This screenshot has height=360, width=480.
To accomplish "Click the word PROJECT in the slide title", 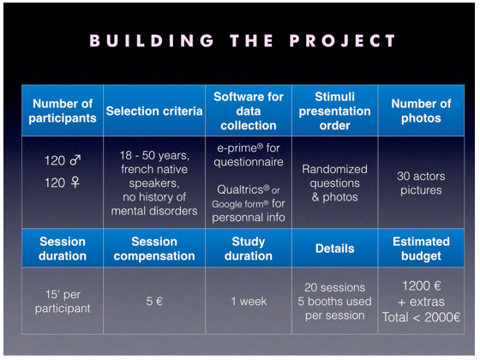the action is point(343,41).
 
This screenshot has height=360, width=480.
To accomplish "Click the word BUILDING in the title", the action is point(152,41).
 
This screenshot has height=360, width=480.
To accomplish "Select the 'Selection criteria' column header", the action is point(154,111).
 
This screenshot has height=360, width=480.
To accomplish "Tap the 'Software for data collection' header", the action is point(249,111).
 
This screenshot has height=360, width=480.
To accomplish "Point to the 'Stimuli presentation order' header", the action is point(334,111).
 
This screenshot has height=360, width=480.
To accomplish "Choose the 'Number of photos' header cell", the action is point(421,111).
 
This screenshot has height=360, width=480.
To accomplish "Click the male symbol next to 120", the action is point(75,159).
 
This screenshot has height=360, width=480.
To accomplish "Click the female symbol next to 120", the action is point(75,183).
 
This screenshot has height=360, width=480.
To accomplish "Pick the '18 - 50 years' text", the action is point(154,155).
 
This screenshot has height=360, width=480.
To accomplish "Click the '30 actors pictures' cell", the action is point(421,183).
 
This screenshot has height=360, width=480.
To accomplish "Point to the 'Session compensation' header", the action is point(154,249).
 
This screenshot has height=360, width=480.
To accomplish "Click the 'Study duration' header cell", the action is point(249,249).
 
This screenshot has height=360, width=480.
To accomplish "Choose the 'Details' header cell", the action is point(334,249).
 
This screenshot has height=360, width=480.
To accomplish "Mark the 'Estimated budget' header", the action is point(421,249).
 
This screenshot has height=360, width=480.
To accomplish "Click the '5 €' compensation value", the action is point(154,301).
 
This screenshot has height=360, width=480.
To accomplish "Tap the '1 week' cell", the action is point(249,301).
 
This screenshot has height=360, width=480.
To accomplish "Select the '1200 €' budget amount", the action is point(421,286).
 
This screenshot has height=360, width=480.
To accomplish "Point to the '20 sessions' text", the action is point(334,287).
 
